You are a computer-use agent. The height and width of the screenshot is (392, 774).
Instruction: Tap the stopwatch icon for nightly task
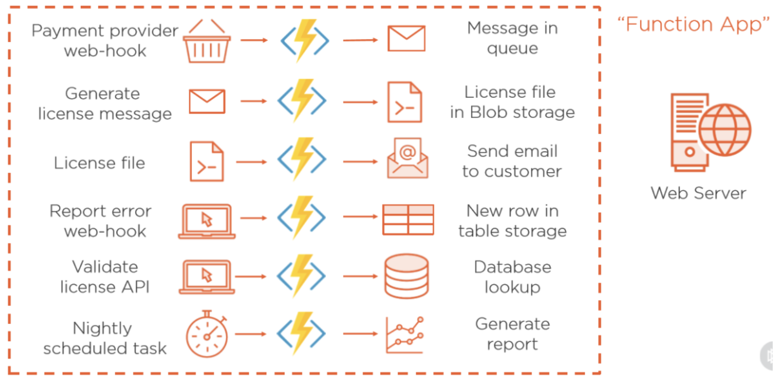click(207, 334)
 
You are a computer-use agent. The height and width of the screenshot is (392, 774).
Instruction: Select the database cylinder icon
click(406, 276)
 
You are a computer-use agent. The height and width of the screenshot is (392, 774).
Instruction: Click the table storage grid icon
click(408, 219)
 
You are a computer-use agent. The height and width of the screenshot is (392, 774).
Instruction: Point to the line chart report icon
click(405, 335)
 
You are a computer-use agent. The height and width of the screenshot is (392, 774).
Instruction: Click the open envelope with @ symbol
click(407, 158)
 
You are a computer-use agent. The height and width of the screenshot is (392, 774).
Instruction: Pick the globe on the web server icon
click(725, 130)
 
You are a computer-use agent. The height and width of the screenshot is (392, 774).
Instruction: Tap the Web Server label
click(698, 193)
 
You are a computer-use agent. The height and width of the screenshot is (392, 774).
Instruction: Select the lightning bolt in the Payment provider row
click(305, 40)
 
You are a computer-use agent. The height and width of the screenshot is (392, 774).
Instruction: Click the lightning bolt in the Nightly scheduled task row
click(301, 334)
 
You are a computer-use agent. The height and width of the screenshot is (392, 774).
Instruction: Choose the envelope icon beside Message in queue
click(406, 39)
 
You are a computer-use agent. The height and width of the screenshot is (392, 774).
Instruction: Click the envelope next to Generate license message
click(207, 101)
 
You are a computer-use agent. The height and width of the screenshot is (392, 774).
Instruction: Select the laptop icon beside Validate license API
click(207, 276)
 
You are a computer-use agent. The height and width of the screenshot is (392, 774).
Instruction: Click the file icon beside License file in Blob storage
click(405, 102)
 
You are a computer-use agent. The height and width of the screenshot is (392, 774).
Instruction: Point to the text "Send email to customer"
click(511, 161)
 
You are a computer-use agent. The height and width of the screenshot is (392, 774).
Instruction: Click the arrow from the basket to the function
click(254, 40)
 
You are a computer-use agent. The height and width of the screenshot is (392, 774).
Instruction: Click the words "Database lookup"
click(512, 277)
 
